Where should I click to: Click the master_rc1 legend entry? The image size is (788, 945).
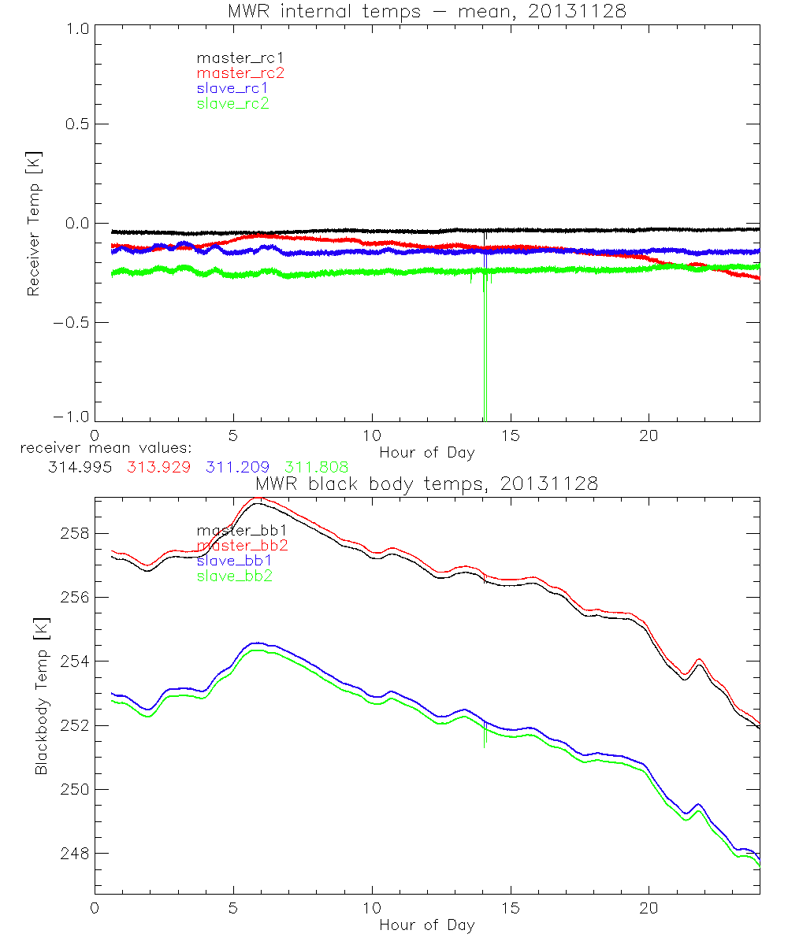click(233, 57)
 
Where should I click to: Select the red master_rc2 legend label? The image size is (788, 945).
click(240, 72)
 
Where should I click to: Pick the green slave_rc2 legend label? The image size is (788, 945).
click(232, 103)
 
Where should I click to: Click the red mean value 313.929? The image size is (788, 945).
click(158, 467)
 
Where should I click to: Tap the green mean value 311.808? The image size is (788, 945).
click(316, 467)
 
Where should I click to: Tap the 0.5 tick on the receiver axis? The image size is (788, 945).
click(76, 124)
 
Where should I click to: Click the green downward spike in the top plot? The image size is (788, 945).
click(483, 354)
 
